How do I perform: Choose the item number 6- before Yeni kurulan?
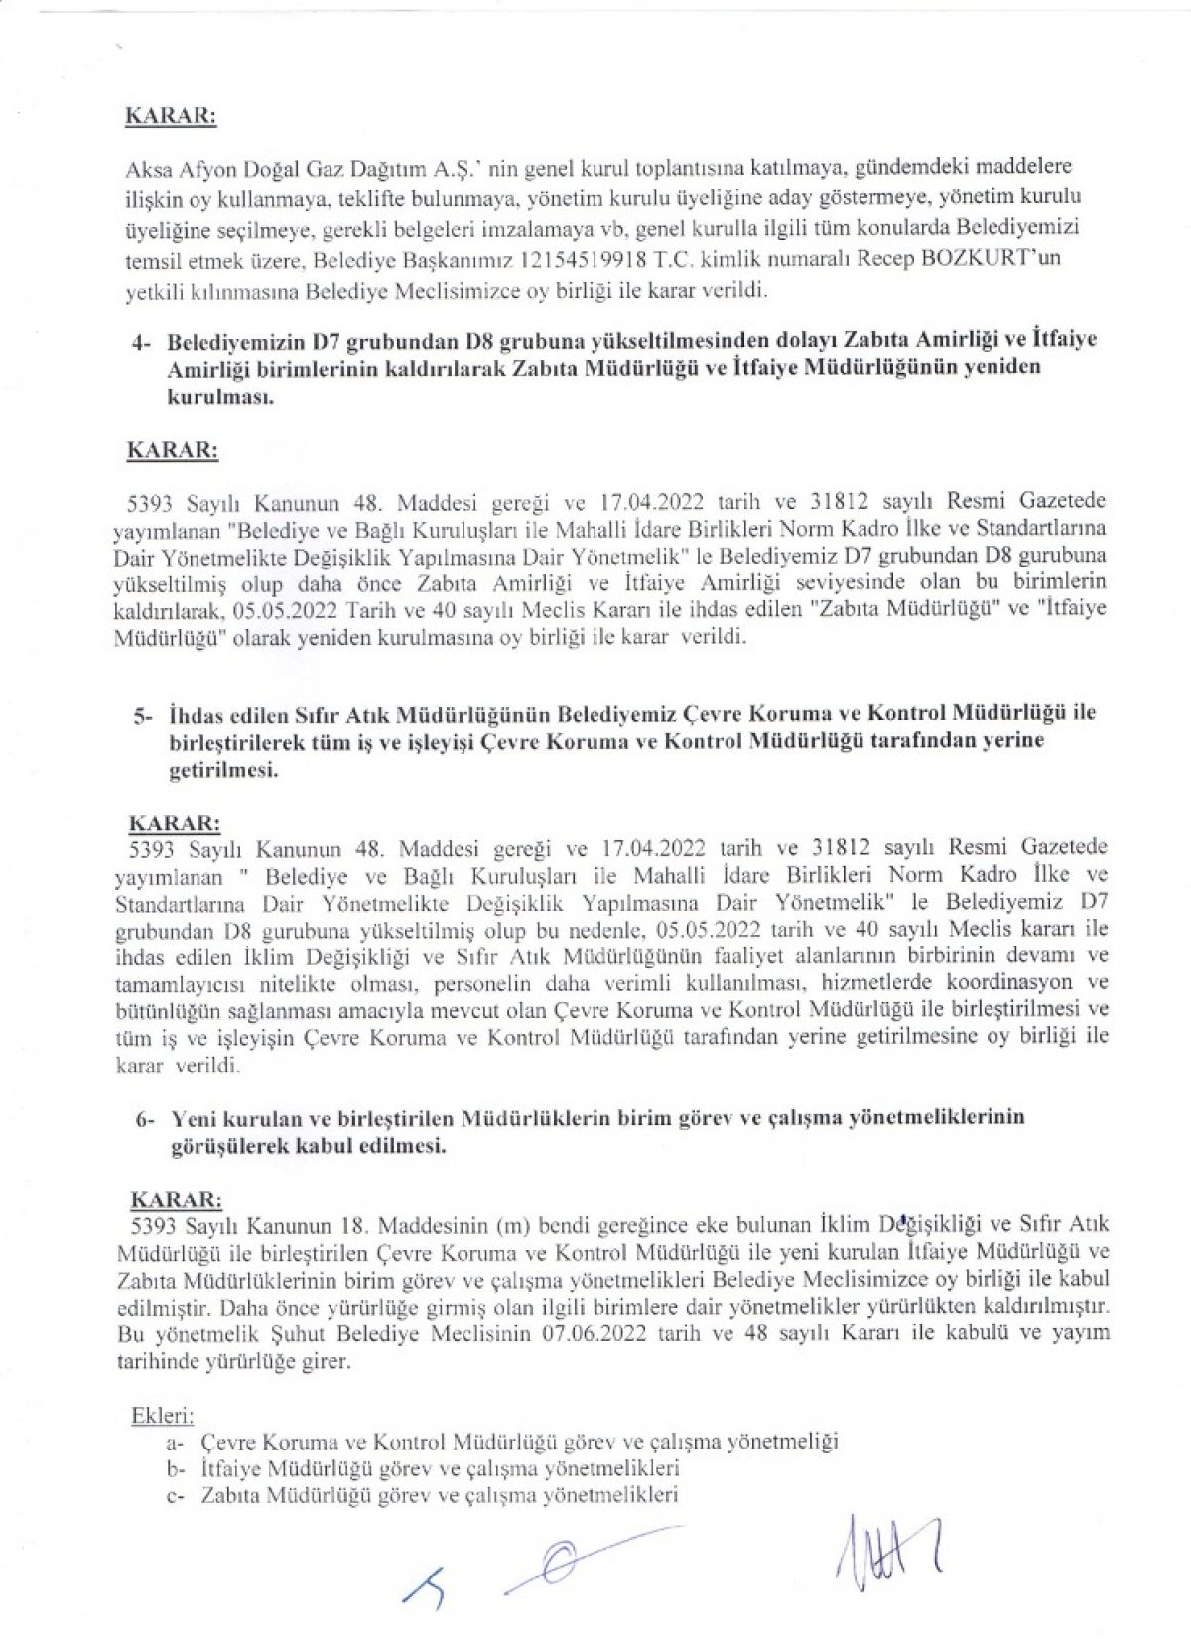click(145, 1118)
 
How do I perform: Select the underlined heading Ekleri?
click(163, 1411)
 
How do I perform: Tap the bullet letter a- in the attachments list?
click(179, 1439)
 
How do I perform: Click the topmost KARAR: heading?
click(171, 114)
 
